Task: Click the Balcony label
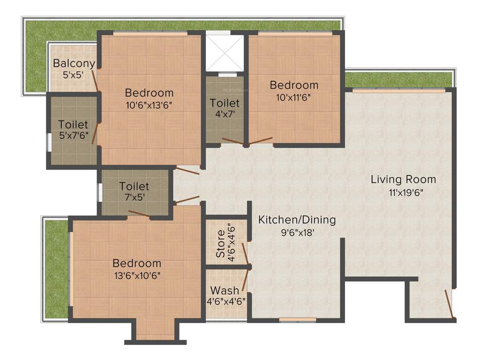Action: click(74, 63)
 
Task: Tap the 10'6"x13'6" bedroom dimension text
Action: click(149, 105)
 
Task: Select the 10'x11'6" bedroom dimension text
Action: click(294, 97)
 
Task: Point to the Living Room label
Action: click(403, 180)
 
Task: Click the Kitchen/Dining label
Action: click(297, 219)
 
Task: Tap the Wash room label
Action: click(224, 290)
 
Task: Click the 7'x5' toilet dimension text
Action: click(134, 197)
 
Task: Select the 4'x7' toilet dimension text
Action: click(225, 114)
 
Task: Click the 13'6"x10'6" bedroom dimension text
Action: click(136, 275)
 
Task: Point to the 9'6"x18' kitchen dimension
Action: click(297, 231)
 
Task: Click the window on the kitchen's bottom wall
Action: click(291, 320)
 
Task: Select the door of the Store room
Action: click(245, 254)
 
